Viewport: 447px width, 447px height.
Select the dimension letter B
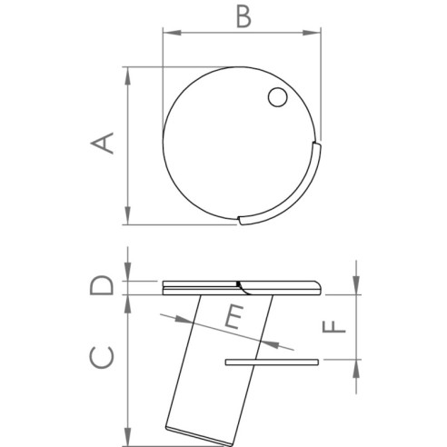pyautogui.click(x=242, y=16)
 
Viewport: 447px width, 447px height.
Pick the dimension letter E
pyautogui.click(x=233, y=318)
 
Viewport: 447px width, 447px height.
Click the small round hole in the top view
pyautogui.click(x=277, y=97)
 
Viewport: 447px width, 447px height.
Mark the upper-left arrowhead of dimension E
pyautogui.click(x=164, y=317)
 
